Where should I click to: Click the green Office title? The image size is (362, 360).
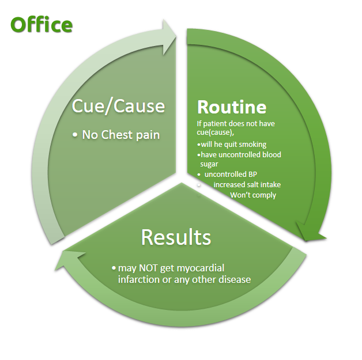click(x=42, y=25)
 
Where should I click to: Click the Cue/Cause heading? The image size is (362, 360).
click(x=118, y=106)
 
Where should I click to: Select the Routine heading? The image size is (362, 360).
click(x=232, y=107)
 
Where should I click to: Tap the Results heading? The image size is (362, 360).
click(x=176, y=237)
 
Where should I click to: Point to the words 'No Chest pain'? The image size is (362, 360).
click(x=120, y=135)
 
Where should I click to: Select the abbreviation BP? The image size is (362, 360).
click(x=252, y=174)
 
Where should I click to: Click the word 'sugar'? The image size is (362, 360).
click(x=209, y=164)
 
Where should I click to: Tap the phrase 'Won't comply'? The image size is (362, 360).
click(x=253, y=195)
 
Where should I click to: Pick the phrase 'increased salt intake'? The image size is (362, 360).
click(x=247, y=184)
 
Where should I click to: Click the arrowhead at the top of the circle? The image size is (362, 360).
click(x=169, y=37)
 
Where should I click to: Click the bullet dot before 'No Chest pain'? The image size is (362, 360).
click(x=74, y=135)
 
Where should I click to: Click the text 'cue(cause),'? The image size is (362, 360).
click(x=215, y=132)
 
